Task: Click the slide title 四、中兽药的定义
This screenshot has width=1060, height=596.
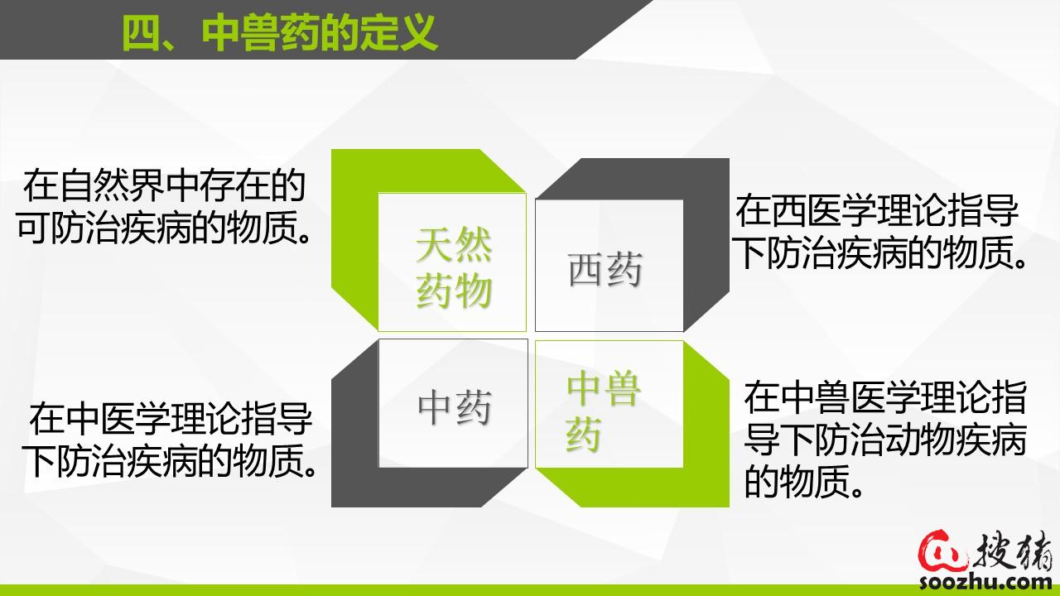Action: coord(280,33)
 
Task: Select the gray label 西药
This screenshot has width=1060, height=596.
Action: coord(605,269)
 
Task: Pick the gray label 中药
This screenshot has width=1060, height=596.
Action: coord(455,407)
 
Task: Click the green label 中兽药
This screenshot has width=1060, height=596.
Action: coord(604,411)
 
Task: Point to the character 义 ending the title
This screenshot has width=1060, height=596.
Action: coord(418,33)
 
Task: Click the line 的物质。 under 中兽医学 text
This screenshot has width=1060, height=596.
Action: coord(803,480)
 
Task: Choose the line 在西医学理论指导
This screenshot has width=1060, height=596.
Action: coord(876,211)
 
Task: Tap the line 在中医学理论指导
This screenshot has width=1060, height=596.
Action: coord(171,418)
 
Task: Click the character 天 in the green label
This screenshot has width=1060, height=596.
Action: coord(433,244)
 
